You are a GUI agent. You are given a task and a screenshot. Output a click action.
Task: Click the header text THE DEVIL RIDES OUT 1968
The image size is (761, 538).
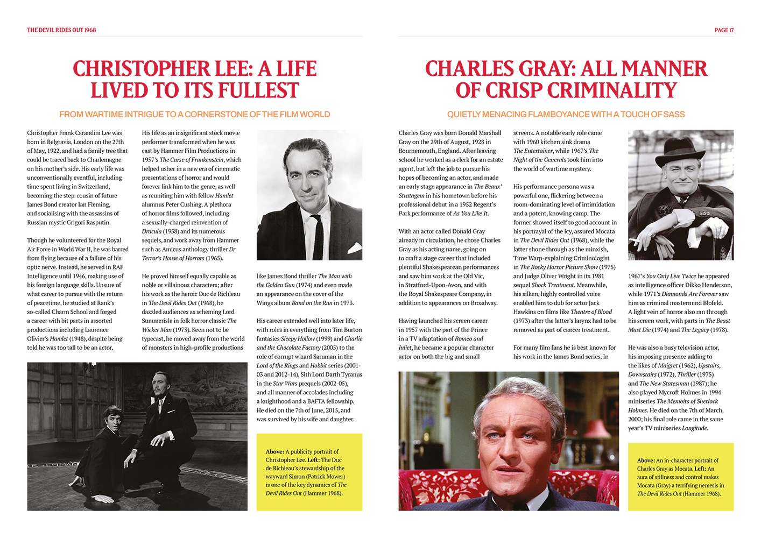pyautogui.click(x=61, y=30)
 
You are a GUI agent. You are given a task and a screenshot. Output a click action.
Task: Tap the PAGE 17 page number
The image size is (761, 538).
pyautogui.click(x=724, y=30)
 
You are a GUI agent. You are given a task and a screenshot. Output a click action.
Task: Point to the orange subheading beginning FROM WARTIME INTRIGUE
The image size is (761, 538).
pyautogui.click(x=194, y=114)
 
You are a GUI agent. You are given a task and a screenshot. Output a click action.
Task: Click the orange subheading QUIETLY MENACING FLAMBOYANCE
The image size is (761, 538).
pyautogui.click(x=566, y=114)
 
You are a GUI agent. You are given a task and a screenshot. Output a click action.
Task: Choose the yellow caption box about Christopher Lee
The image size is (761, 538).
pyautogui.click(x=309, y=472)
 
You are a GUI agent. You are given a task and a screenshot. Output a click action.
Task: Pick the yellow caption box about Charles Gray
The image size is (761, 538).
pyautogui.click(x=680, y=476)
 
